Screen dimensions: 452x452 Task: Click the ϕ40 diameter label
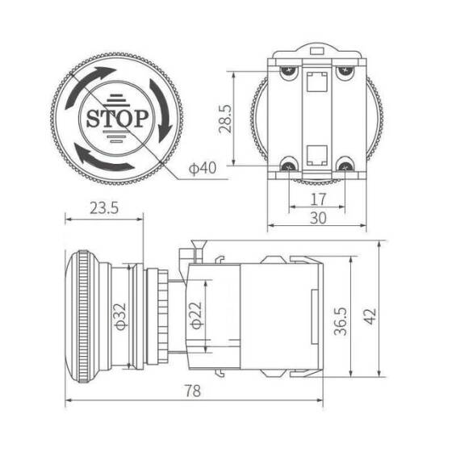(x=202, y=168)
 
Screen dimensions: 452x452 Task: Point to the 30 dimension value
(x=317, y=217)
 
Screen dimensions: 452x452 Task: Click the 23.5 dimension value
(x=103, y=207)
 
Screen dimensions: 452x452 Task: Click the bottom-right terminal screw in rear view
(x=345, y=166)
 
